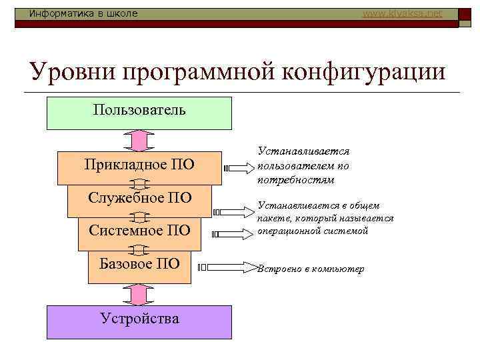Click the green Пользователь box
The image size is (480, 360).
pyautogui.click(x=139, y=112)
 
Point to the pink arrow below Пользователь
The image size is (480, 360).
pyautogui.click(x=139, y=141)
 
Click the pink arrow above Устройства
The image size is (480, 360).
pyautogui.click(x=139, y=294)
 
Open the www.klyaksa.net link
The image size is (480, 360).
pyautogui.click(x=401, y=13)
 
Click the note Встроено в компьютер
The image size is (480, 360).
pyautogui.click(x=311, y=269)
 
